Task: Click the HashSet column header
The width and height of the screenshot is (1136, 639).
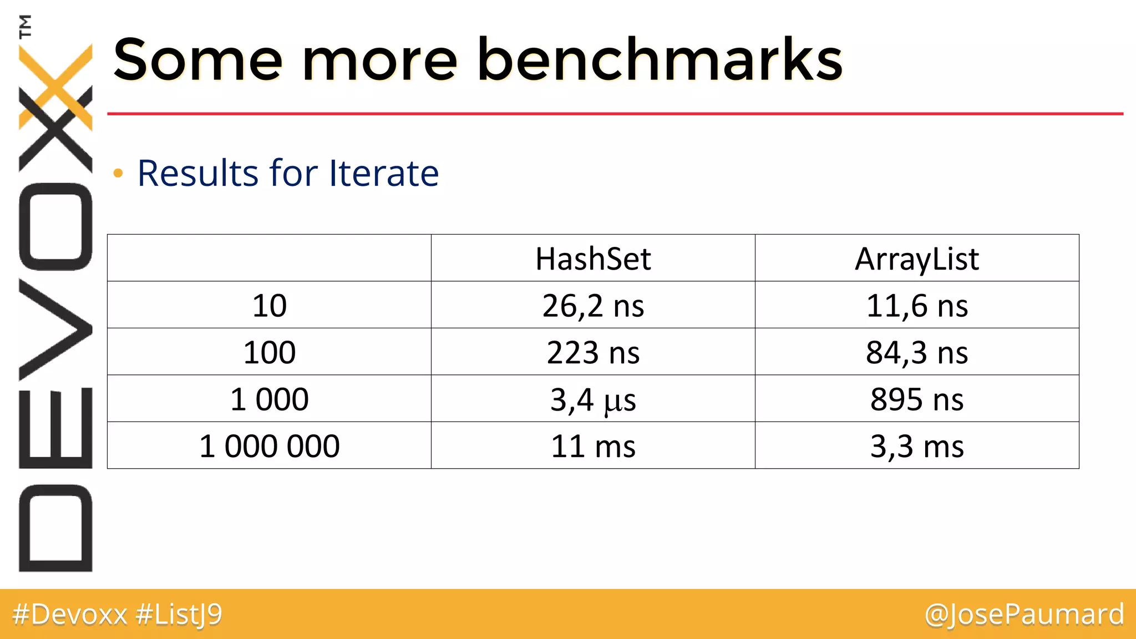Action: (593, 259)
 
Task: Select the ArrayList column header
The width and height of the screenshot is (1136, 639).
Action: (917, 259)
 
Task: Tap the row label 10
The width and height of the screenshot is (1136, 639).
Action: (270, 306)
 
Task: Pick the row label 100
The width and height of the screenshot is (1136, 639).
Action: (270, 352)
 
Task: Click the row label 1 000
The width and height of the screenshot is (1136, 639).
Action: (270, 399)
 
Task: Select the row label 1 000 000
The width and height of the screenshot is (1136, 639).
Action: (270, 446)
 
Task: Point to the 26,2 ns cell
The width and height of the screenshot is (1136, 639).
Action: (593, 306)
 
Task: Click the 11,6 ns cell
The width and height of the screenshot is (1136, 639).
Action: (917, 306)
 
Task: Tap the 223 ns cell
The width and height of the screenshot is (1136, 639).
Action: (593, 352)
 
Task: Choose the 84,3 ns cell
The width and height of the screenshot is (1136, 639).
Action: (917, 352)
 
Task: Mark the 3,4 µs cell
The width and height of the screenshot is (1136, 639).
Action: (593, 399)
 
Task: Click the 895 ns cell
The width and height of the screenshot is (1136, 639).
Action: (917, 399)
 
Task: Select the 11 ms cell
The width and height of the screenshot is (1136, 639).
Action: (593, 446)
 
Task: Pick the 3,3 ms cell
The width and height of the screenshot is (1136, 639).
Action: (917, 446)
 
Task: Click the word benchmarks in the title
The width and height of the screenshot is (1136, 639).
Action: (660, 59)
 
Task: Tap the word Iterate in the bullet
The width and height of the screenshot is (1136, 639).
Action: (384, 173)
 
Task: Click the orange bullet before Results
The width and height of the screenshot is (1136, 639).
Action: (118, 174)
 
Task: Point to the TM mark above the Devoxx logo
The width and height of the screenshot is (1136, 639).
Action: (26, 26)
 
